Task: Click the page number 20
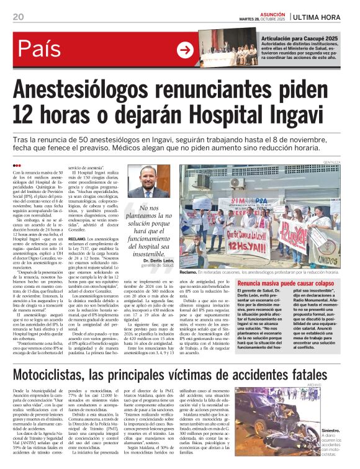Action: click(17, 17)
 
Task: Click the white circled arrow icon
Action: click(184, 50)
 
